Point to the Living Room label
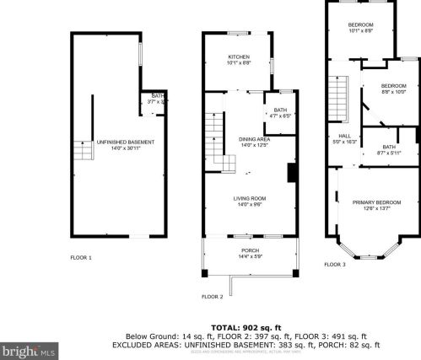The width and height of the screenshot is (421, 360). pos(251,201)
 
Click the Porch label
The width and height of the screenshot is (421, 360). pos(251,253)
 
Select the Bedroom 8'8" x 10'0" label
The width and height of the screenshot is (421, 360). pos(393,89)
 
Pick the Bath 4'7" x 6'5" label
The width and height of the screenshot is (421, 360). pos(280,112)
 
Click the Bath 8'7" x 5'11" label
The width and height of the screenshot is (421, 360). pos(389,149)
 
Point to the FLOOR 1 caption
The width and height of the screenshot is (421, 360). pos(81,256)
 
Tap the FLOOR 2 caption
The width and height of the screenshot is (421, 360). pos(212,296)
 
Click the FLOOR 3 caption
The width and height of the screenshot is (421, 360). pos(334,264)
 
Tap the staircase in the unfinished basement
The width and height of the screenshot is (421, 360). pos(82,151)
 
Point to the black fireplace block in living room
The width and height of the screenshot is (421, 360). pos(291,172)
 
